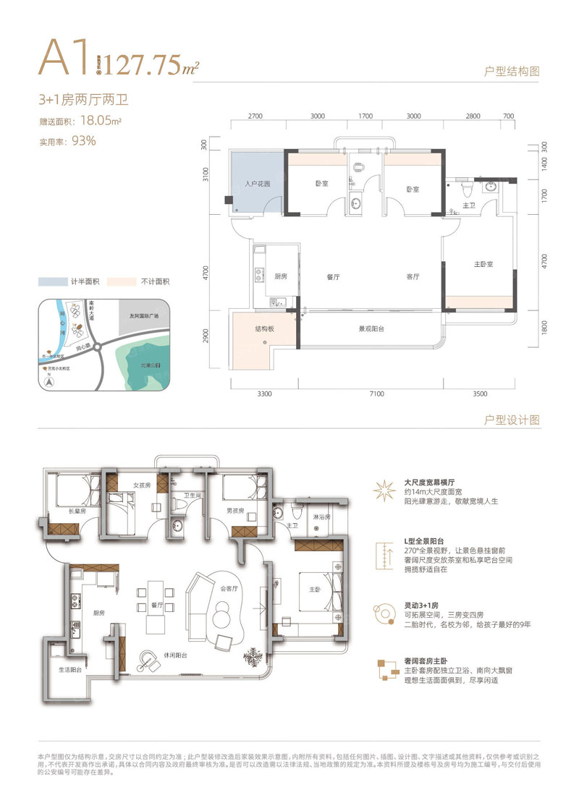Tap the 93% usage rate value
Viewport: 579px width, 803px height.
[83, 141]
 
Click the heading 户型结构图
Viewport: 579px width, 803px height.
[512, 72]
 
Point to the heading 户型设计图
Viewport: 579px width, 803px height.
[512, 420]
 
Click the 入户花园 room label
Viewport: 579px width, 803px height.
[257, 184]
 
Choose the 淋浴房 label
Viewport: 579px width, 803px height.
[321, 517]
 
